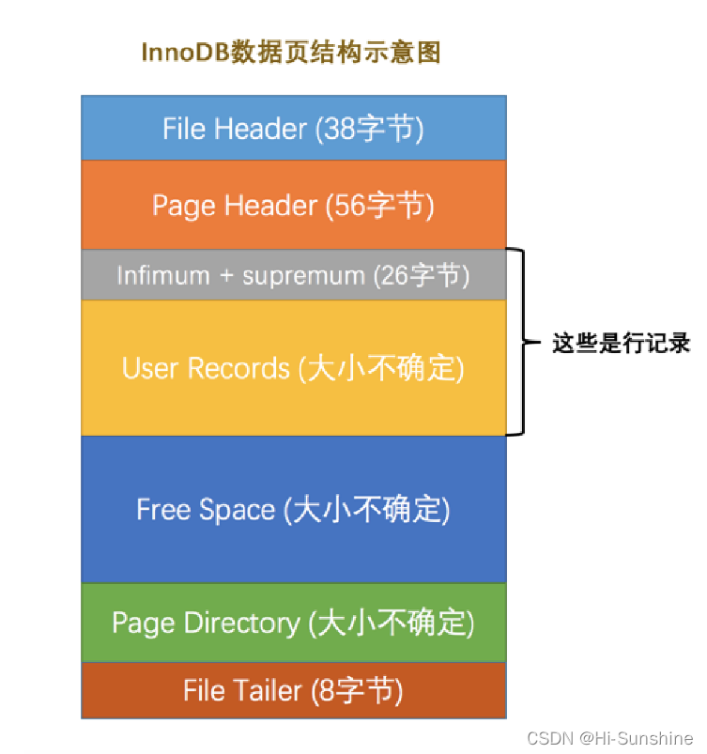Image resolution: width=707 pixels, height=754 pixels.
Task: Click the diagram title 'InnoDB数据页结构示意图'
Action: point(290,53)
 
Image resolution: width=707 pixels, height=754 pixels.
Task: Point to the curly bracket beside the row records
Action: point(517,342)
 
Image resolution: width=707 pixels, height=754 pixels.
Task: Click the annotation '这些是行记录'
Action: point(622,344)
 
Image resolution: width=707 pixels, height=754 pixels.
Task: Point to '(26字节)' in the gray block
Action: point(420,275)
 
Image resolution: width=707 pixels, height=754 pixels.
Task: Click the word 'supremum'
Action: point(303,275)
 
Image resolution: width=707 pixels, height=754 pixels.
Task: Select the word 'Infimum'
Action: point(163,275)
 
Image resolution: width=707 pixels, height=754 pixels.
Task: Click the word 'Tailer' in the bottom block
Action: point(266,691)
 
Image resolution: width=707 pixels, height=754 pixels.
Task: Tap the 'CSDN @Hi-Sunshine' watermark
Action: point(610,738)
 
